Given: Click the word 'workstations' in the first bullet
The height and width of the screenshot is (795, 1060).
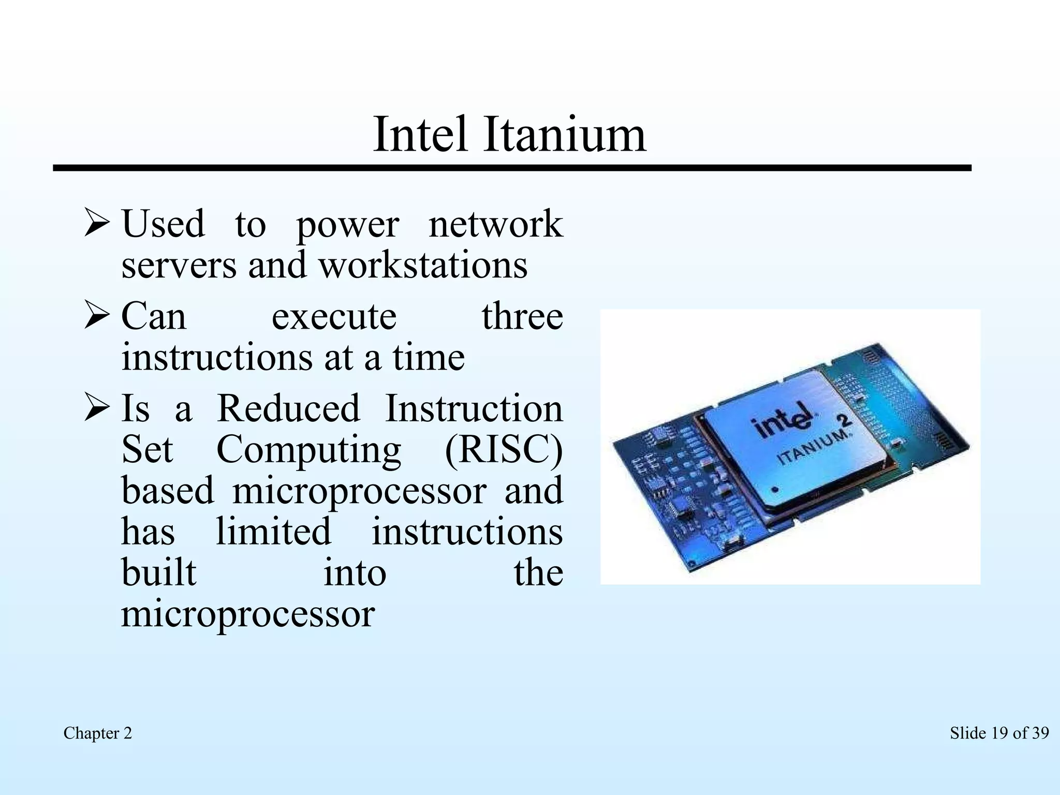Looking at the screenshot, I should tap(423, 265).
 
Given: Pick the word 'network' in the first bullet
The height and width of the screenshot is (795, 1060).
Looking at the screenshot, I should tap(495, 225).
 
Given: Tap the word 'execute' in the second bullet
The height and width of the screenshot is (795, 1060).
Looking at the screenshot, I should tap(334, 317).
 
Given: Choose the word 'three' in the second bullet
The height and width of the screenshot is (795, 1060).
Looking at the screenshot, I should tap(522, 317).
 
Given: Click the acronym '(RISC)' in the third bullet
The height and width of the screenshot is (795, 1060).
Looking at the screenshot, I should tap(503, 449).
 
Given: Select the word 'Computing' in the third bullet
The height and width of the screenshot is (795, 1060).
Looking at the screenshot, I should tap(308, 449).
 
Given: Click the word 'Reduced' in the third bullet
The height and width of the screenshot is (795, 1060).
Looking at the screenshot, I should tap(288, 409).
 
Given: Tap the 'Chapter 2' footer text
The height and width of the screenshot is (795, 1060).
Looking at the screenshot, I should tap(98, 733).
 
